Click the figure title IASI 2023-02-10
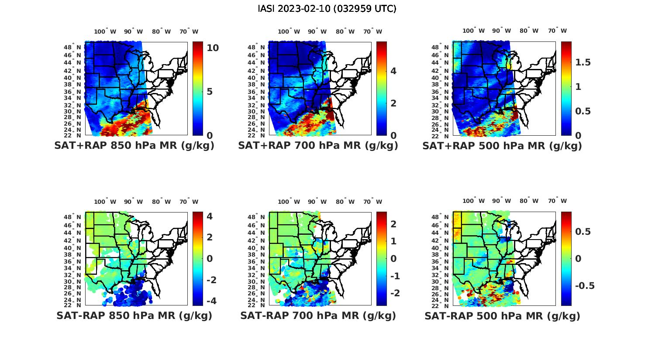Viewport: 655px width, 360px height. click(x=327, y=9)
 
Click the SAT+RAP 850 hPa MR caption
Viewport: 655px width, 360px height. click(x=134, y=146)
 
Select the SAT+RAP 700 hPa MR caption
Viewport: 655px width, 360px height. click(x=318, y=146)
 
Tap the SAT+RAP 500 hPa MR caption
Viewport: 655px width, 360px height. click(x=502, y=146)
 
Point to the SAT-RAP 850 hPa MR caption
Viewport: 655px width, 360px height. click(x=134, y=315)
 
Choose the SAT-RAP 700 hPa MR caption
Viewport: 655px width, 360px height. click(x=318, y=315)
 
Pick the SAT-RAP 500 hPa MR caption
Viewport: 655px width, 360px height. click(x=502, y=315)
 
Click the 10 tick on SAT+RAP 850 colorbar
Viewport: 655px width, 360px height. click(x=213, y=48)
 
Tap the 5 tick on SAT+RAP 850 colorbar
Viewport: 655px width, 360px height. click(x=210, y=92)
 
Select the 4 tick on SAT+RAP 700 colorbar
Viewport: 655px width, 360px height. click(x=393, y=71)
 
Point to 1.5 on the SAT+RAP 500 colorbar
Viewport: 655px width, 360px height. click(x=583, y=62)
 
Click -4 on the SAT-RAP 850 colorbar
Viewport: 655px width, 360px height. click(x=211, y=301)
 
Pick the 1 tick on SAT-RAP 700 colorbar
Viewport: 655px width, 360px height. click(x=393, y=241)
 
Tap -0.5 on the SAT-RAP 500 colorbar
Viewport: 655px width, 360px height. click(x=584, y=286)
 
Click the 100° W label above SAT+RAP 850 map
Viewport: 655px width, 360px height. click(x=105, y=31)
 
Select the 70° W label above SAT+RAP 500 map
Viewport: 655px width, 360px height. click(x=557, y=31)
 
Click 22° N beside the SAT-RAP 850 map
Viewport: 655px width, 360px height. click(x=76, y=305)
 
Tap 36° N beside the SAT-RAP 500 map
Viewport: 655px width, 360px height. click(x=444, y=261)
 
